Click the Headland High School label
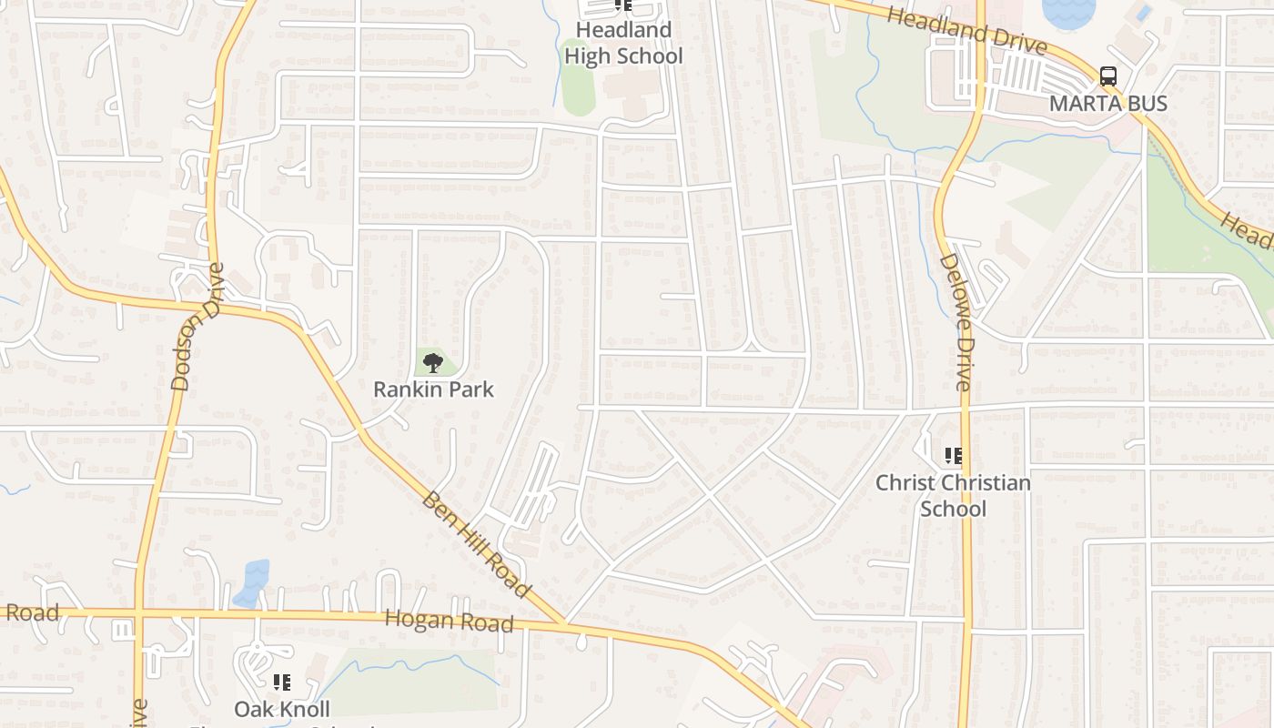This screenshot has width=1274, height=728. pyautogui.click(x=623, y=43)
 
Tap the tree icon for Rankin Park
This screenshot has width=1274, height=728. pyautogui.click(x=433, y=363)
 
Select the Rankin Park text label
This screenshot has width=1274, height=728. pyautogui.click(x=433, y=389)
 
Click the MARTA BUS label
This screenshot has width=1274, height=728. pyautogui.click(x=1107, y=103)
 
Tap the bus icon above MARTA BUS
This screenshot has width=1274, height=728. pyautogui.click(x=1107, y=76)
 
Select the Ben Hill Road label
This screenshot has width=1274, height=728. pyautogui.click(x=476, y=545)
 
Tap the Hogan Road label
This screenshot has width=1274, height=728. pyautogui.click(x=449, y=622)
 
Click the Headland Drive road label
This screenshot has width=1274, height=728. pyautogui.click(x=966, y=29)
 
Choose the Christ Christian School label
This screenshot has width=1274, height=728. pyautogui.click(x=953, y=495)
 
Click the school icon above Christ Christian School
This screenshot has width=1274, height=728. pyautogui.click(x=953, y=455)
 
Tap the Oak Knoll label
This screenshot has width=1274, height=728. pyautogui.click(x=282, y=708)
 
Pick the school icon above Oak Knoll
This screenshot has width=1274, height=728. pyautogui.click(x=282, y=682)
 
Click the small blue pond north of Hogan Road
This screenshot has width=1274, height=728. pyautogui.click(x=252, y=583)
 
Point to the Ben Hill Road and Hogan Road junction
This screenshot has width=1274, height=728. pyautogui.click(x=564, y=624)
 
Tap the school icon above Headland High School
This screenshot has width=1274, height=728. pyautogui.click(x=623, y=5)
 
